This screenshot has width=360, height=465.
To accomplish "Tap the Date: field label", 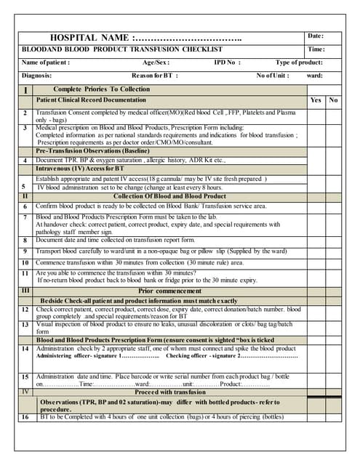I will pyautogui.click(x=316, y=36).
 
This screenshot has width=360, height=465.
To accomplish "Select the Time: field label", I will pyautogui.click(x=316, y=49).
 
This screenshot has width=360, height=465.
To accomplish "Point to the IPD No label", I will pyautogui.click(x=227, y=62).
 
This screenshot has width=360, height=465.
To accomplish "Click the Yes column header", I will pyautogui.click(x=316, y=100).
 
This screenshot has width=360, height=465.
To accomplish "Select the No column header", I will pyautogui.click(x=333, y=100).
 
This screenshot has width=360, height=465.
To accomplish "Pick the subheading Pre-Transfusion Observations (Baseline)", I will pyautogui.click(x=93, y=150).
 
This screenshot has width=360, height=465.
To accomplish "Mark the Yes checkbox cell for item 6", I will pyautogui.click(x=316, y=206).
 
